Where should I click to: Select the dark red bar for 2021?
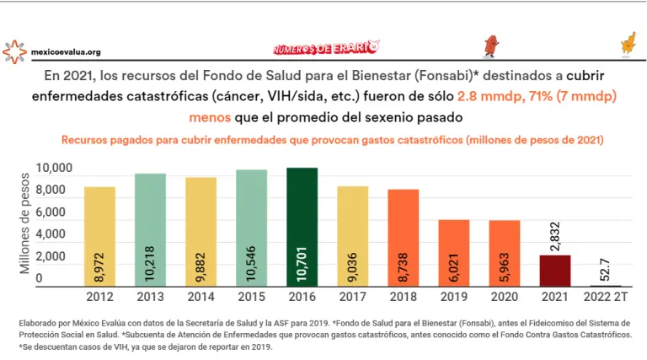pyautogui.click(x=555, y=271)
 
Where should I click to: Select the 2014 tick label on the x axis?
pyautogui.click(x=201, y=297)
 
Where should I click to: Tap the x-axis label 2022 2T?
pyautogui.click(x=606, y=297)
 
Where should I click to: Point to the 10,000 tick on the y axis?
pyautogui.click(x=55, y=170)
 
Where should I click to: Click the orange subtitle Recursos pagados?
pyautogui.click(x=333, y=137)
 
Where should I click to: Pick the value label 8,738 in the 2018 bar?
pyautogui.click(x=404, y=265)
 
